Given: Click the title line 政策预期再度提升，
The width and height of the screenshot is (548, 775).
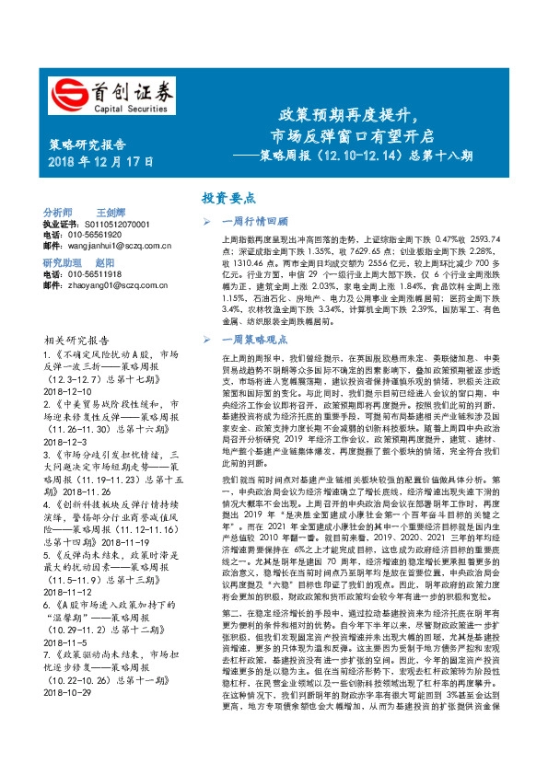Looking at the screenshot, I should pos(349,117).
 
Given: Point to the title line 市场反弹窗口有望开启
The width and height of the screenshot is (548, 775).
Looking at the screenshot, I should pos(349,137).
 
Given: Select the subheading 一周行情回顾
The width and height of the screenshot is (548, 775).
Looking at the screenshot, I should pos(254,221).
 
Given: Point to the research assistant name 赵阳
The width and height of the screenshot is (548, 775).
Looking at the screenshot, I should pos(105,262).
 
